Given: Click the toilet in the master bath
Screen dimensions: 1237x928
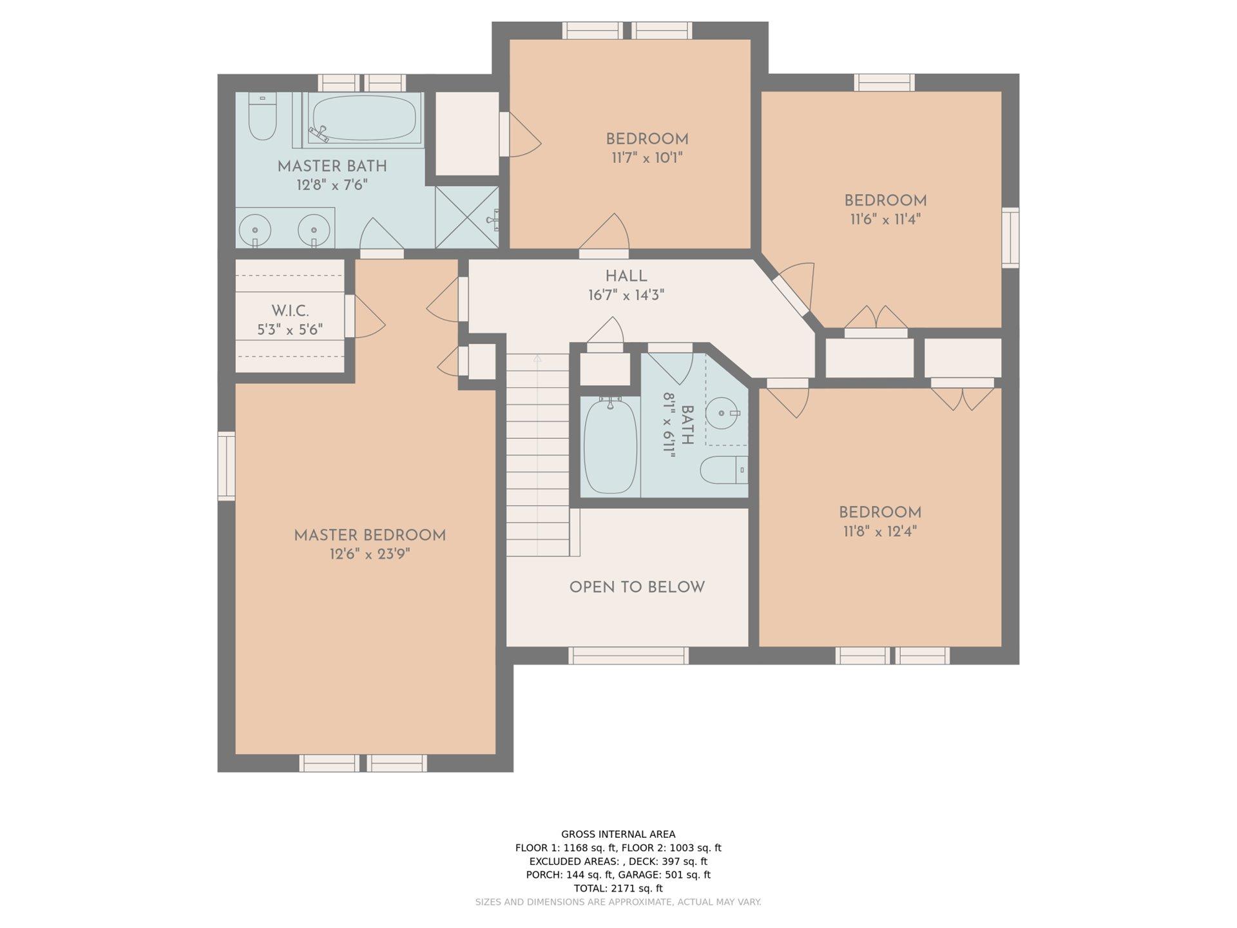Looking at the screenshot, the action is [x=262, y=117].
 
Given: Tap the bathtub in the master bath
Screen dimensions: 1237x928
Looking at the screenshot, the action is [x=364, y=119].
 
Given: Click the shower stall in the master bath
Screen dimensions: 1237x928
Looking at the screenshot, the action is [x=466, y=217].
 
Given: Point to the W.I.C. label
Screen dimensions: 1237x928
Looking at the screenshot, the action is [x=290, y=311].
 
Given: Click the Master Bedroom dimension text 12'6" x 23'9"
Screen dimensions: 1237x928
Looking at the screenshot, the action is [x=370, y=554].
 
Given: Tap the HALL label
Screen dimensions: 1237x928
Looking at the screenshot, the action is [x=626, y=276].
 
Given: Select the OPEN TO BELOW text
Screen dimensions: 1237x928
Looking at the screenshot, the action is [x=637, y=587].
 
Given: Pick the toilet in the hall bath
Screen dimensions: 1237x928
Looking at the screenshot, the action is [x=724, y=470].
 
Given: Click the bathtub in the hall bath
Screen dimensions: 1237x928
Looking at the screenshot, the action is [x=609, y=446].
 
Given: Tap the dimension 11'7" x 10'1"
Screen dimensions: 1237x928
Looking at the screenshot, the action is [x=647, y=158].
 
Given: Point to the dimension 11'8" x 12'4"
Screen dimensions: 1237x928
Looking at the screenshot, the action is [x=880, y=532].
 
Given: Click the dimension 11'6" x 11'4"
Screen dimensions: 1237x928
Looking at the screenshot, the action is [x=885, y=219].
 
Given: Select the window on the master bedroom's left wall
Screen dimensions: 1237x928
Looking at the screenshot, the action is [x=226, y=466].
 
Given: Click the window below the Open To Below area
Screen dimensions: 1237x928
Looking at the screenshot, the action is [x=628, y=655].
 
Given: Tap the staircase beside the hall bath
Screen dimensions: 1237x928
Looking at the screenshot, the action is [x=538, y=454].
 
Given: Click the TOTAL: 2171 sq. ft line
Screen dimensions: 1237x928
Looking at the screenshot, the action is [x=618, y=888].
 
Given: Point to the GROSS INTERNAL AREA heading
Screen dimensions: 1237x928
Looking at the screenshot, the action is [x=618, y=834].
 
